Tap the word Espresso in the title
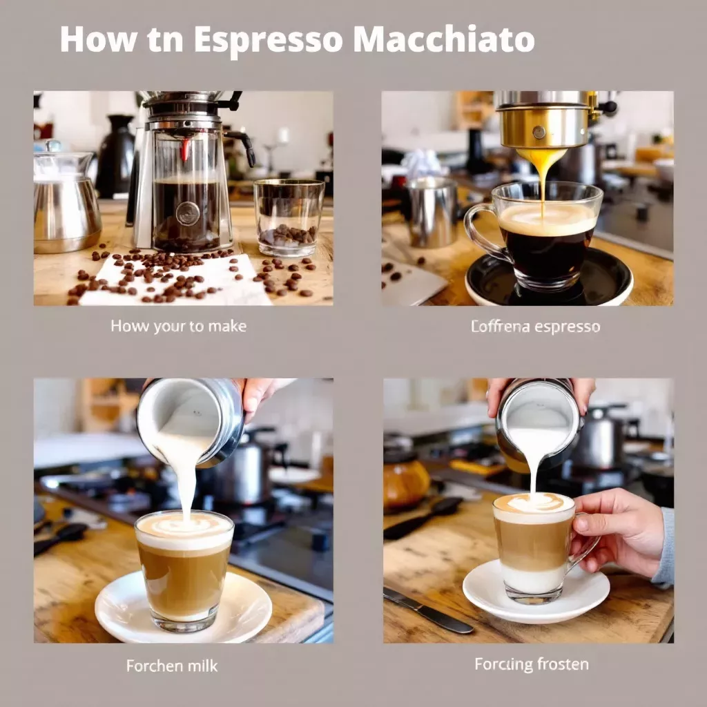pyautogui.click(x=269, y=41)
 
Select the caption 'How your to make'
pyautogui.click(x=178, y=326)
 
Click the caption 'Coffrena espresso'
pyautogui.click(x=535, y=326)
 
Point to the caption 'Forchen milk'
pyautogui.click(x=172, y=666)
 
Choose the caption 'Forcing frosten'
pyautogui.click(x=532, y=664)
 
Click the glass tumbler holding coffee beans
pyautogui.click(x=289, y=217)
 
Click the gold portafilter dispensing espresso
pyautogui.click(x=542, y=124)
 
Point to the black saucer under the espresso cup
pyautogui.click(x=548, y=280)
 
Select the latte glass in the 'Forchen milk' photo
pyautogui.click(x=184, y=570)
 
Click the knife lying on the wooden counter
pyautogui.click(x=428, y=610)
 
